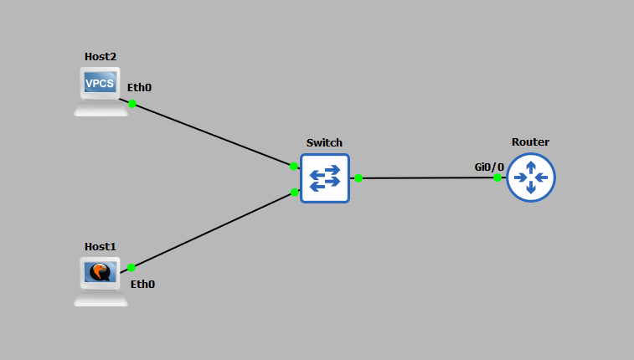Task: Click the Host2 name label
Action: (x=101, y=56)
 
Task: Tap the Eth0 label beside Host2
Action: (x=139, y=87)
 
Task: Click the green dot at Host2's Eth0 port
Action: (x=131, y=104)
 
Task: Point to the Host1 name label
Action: (x=101, y=246)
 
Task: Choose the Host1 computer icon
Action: (x=101, y=280)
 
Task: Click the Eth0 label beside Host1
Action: (x=142, y=284)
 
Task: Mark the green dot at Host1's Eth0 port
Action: (x=131, y=268)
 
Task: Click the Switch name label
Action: (x=324, y=143)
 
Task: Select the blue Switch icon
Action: (x=324, y=177)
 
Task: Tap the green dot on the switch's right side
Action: (x=358, y=177)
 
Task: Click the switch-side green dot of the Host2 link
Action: (x=293, y=166)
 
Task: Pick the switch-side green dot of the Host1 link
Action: (x=295, y=193)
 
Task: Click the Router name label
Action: (x=530, y=141)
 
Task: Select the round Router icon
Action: (x=530, y=177)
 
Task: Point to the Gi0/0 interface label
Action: (x=489, y=167)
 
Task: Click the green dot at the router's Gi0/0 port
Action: (x=497, y=177)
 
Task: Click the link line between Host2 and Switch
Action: (x=213, y=135)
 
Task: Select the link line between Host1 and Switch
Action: (x=213, y=230)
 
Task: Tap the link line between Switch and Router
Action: (x=427, y=177)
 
